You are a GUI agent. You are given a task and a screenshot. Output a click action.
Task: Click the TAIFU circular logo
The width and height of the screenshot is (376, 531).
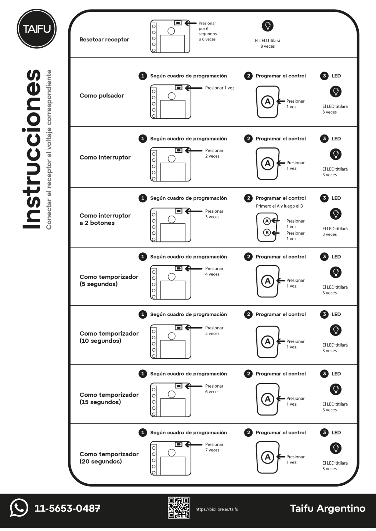36,29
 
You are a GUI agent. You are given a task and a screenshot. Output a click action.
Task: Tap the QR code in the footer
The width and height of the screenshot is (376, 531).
178,508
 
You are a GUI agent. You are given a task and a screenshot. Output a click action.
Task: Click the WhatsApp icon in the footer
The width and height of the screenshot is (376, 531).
19,508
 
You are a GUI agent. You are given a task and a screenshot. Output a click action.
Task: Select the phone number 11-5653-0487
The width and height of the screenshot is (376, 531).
67,508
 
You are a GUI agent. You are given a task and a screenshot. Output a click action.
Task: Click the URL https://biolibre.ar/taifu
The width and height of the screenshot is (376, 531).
217,509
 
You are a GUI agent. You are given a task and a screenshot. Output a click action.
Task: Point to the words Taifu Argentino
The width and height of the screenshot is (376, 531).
328,508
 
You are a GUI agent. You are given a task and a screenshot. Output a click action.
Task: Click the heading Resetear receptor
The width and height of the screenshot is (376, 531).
104,40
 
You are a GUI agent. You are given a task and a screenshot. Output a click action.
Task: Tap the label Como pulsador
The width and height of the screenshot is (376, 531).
102,96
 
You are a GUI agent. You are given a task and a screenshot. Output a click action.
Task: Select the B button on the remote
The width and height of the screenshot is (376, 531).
267,232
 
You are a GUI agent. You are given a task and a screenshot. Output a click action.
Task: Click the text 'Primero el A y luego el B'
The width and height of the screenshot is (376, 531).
279,206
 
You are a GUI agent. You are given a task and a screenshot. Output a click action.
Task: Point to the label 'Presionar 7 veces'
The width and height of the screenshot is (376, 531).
214,447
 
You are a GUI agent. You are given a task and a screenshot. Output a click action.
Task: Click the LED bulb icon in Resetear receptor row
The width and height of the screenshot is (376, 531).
268,26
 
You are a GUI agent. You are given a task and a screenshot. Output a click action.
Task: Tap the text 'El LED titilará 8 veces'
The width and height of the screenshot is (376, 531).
267,43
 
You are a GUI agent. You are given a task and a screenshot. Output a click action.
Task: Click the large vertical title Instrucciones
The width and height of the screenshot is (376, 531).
32,149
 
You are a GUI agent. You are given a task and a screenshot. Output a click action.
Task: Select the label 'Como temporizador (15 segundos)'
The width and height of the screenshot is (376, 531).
109,398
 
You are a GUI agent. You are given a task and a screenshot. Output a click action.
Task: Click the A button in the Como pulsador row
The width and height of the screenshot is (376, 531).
267,102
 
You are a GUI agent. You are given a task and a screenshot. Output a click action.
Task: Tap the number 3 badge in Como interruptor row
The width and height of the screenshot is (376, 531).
324,139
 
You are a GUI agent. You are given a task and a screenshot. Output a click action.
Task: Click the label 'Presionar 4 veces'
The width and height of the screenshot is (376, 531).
214,271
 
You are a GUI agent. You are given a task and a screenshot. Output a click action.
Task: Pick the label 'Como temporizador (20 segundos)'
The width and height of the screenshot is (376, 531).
109,458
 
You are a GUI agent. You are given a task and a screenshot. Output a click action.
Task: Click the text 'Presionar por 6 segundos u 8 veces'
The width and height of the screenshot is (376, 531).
207,31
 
